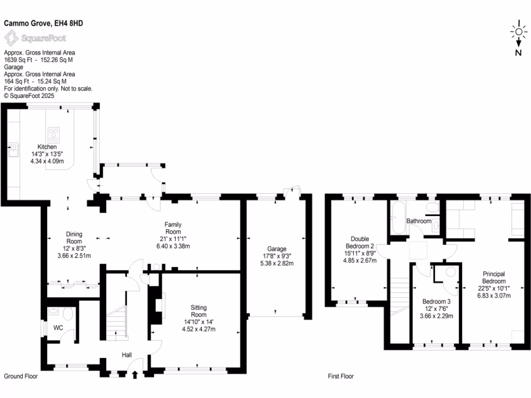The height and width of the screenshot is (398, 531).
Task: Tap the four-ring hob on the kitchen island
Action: (54, 135)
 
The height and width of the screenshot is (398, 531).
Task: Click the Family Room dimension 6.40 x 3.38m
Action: (173, 246)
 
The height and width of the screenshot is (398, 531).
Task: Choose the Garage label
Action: (277, 249)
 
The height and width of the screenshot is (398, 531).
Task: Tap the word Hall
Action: (127, 355)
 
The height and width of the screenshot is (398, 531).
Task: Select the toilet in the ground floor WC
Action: (66, 314)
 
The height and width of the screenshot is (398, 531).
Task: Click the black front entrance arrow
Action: (135, 375)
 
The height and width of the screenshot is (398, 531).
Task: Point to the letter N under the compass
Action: (518, 52)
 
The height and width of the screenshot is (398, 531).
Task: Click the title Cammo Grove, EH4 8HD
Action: (44, 23)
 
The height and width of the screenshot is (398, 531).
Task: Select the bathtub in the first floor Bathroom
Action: (398, 220)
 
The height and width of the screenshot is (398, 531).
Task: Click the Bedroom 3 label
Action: (436, 302)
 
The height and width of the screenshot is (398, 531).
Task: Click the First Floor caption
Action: (341, 376)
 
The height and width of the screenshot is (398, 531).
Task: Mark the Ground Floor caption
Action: (21, 376)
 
